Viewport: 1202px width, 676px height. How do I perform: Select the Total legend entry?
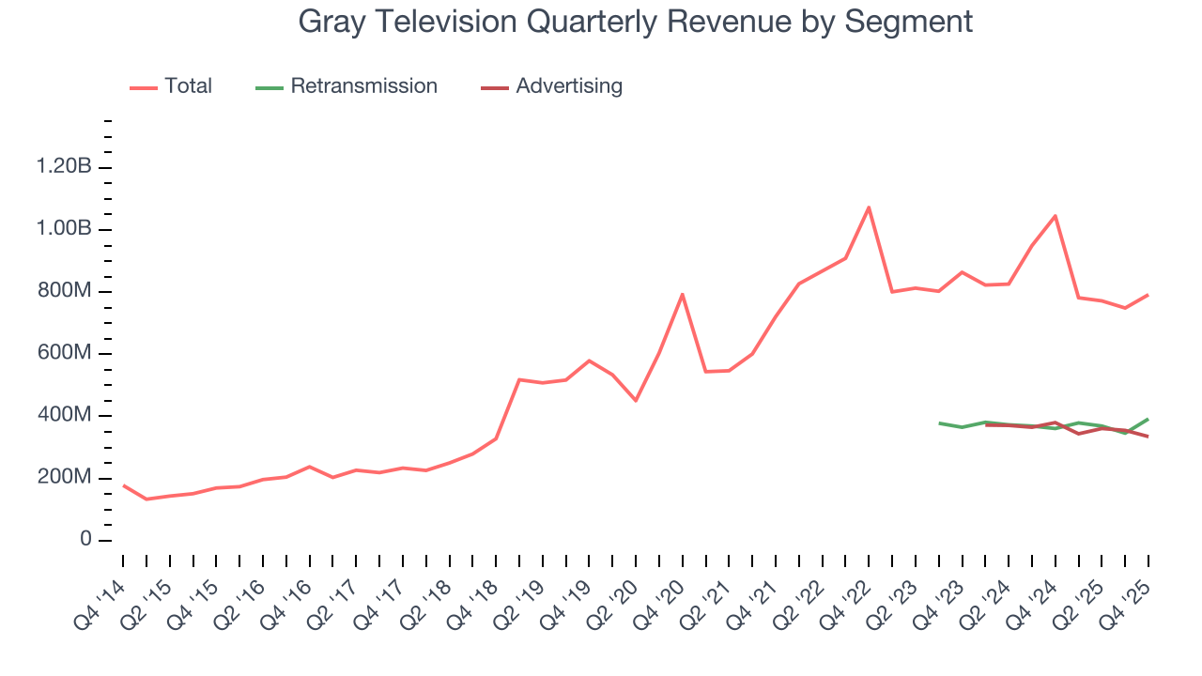[x=188, y=86]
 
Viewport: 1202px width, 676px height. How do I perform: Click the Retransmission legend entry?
[x=363, y=86]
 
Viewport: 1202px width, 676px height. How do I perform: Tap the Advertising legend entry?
[x=568, y=86]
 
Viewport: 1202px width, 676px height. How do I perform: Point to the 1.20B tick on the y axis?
[x=64, y=167]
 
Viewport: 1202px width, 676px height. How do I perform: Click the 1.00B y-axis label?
[x=64, y=229]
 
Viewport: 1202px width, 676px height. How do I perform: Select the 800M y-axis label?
[x=66, y=291]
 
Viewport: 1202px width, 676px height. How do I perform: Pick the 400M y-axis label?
[x=66, y=415]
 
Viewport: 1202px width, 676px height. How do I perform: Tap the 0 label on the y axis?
[x=85, y=540]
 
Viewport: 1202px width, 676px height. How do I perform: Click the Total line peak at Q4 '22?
[x=869, y=207]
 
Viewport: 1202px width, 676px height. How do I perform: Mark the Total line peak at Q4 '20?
[x=682, y=294]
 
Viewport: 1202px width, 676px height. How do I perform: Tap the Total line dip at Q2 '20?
[x=636, y=401]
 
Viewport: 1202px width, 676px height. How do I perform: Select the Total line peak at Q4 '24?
[x=1056, y=216]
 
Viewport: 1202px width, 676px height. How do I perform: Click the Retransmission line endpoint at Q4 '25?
[x=1148, y=419]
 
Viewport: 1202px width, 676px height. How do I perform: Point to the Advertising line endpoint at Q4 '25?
[x=1148, y=437]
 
